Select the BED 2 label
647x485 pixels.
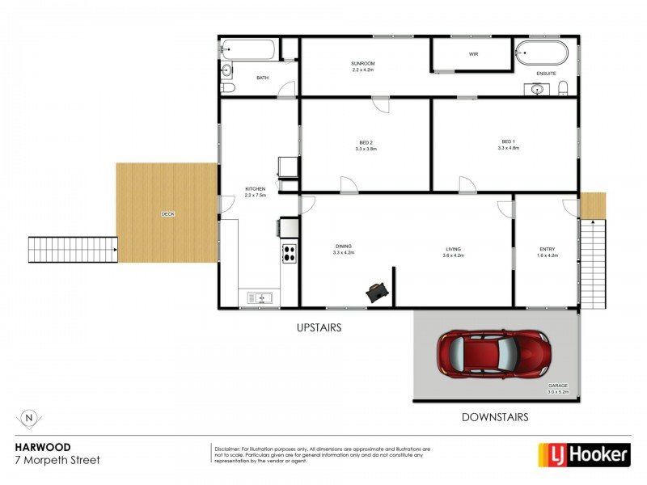pyautogui.click(x=364, y=142)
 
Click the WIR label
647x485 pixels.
pyautogui.click(x=474, y=55)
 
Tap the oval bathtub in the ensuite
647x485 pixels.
pyautogui.click(x=542, y=53)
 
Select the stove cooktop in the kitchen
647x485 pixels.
pyautogui.click(x=288, y=254)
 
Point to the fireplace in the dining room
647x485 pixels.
pyautogui.click(x=376, y=293)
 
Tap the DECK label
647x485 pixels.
pyautogui.click(x=167, y=214)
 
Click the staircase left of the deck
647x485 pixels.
pyautogui.click(x=73, y=250)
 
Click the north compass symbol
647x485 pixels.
pyautogui.click(x=29, y=418)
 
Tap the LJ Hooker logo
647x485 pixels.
pyautogui.click(x=584, y=454)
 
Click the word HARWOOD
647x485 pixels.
pyautogui.click(x=42, y=446)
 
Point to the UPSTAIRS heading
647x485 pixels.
pyautogui.click(x=319, y=328)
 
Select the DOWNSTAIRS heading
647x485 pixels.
pyautogui.click(x=495, y=418)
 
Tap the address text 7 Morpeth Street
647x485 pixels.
pyautogui.click(x=58, y=460)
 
